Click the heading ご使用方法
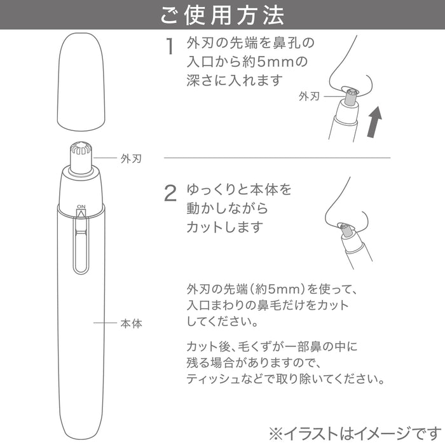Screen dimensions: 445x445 pos(222,15)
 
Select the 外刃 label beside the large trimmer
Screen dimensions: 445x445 pos(130,159)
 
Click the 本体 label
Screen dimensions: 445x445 pos(131,324)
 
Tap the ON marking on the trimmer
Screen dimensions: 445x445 pos(81,207)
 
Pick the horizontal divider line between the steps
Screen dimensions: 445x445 pos(277,157)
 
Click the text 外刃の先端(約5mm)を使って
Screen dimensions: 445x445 pos(257,287)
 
